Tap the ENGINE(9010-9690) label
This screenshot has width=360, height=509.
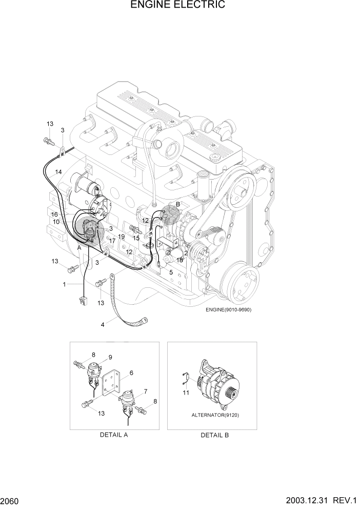click(x=229, y=310)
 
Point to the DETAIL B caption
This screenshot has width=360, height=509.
click(x=212, y=435)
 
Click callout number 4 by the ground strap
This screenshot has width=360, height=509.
click(x=103, y=324)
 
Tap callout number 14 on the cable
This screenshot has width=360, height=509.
click(x=58, y=172)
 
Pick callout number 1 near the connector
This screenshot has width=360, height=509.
click(x=65, y=284)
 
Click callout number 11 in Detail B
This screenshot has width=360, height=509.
click(x=186, y=393)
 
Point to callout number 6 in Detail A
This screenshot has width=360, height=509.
click(x=131, y=373)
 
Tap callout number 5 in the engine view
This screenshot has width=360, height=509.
click(x=171, y=272)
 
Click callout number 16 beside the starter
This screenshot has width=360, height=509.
click(x=54, y=214)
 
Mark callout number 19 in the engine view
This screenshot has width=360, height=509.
click(x=122, y=237)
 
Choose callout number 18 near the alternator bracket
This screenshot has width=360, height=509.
click(x=179, y=261)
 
